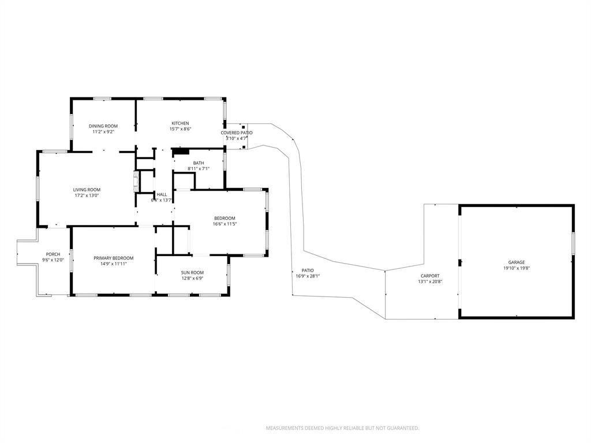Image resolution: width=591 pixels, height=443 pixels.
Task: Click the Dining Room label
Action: [103, 126]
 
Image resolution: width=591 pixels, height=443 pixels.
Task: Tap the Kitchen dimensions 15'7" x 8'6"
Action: [180, 129]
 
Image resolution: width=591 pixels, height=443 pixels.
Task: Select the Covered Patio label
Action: [236, 133]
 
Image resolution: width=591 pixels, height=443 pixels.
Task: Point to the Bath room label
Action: [199, 163]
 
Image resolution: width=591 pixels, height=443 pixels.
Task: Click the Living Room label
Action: [87, 190]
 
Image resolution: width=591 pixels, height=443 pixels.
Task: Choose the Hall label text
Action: [162, 194]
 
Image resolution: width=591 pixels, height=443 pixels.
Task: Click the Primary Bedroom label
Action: [114, 258]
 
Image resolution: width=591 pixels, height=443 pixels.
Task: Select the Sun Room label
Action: [192, 272]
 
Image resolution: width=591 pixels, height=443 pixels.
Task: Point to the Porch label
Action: [53, 254]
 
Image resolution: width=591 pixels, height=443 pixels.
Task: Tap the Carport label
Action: [429, 276]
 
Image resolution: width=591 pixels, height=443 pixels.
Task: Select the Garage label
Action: [517, 262]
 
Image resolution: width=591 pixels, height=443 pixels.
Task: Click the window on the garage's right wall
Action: [573, 243]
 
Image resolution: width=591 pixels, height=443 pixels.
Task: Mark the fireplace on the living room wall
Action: [136, 181]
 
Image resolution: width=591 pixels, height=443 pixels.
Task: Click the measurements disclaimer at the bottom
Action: [342, 428]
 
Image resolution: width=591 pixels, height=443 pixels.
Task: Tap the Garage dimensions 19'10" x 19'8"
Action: [517, 268]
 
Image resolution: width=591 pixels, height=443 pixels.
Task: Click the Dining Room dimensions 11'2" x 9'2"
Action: [103, 132]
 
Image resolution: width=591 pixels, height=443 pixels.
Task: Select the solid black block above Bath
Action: [181, 152]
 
